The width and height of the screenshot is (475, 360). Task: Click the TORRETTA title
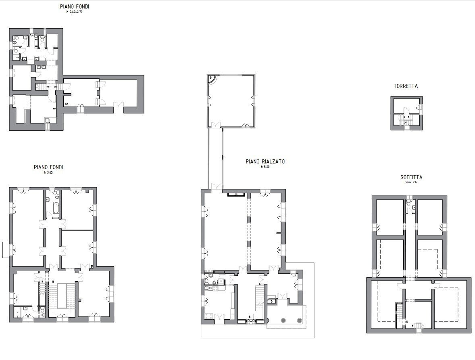[406, 86]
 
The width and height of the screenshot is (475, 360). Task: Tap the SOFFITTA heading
[411, 177]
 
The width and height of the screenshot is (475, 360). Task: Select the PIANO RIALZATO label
[265, 161]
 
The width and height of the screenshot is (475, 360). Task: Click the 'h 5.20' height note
[265, 167]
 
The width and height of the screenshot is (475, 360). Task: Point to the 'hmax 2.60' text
[412, 182]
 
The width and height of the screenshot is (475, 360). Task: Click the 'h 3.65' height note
[48, 172]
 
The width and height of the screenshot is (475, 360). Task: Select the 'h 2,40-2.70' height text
[74, 12]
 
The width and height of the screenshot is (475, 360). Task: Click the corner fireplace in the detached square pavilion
[212, 79]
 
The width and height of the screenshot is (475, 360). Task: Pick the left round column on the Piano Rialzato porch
[283, 320]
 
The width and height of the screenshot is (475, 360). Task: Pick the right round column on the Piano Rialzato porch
[299, 320]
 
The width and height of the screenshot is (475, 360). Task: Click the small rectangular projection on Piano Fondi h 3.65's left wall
[6, 250]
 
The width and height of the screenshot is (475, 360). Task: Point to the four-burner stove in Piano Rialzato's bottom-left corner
[209, 316]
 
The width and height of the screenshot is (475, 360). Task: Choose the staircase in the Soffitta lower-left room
[400, 311]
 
